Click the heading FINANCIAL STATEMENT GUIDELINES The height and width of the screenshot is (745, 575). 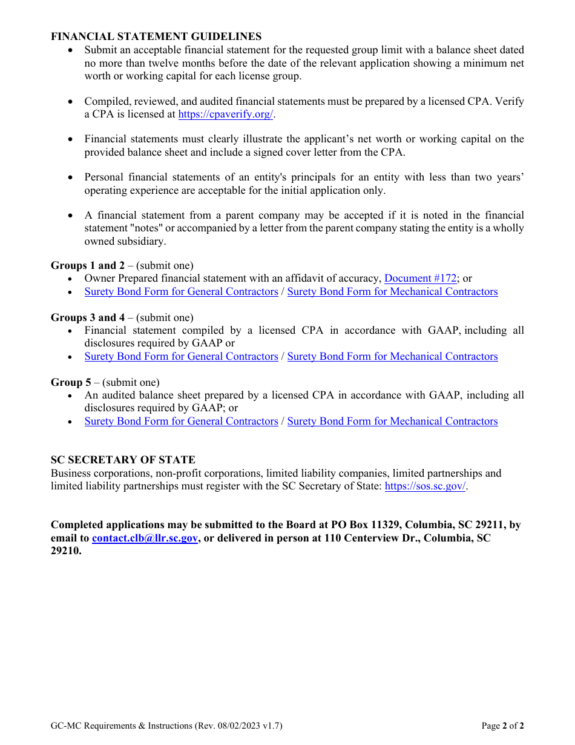[x=156, y=36]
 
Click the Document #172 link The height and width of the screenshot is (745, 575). [x=420, y=279]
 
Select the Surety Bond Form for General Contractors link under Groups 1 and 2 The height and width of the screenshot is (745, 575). [x=181, y=291]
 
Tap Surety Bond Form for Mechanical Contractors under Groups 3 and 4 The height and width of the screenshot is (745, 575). [x=392, y=356]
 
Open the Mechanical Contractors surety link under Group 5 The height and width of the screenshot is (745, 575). [x=392, y=421]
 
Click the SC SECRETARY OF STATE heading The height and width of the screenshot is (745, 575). [x=123, y=460]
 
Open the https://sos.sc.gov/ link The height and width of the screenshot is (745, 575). [x=425, y=486]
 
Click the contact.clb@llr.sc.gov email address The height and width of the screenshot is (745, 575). [x=145, y=538]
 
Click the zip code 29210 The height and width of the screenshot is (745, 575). [x=65, y=551]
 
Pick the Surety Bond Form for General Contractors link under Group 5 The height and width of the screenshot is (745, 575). [x=181, y=421]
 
